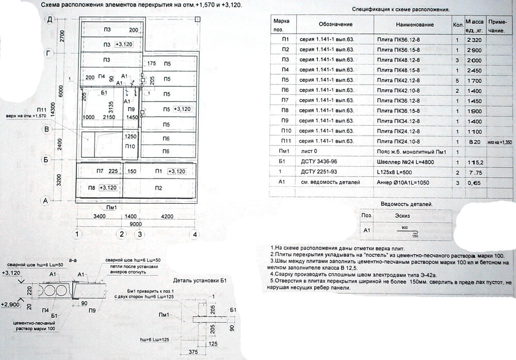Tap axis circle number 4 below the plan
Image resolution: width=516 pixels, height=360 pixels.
pyautogui.click(x=194, y=234)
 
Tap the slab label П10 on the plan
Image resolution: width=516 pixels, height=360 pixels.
pyautogui.click(x=130, y=146)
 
